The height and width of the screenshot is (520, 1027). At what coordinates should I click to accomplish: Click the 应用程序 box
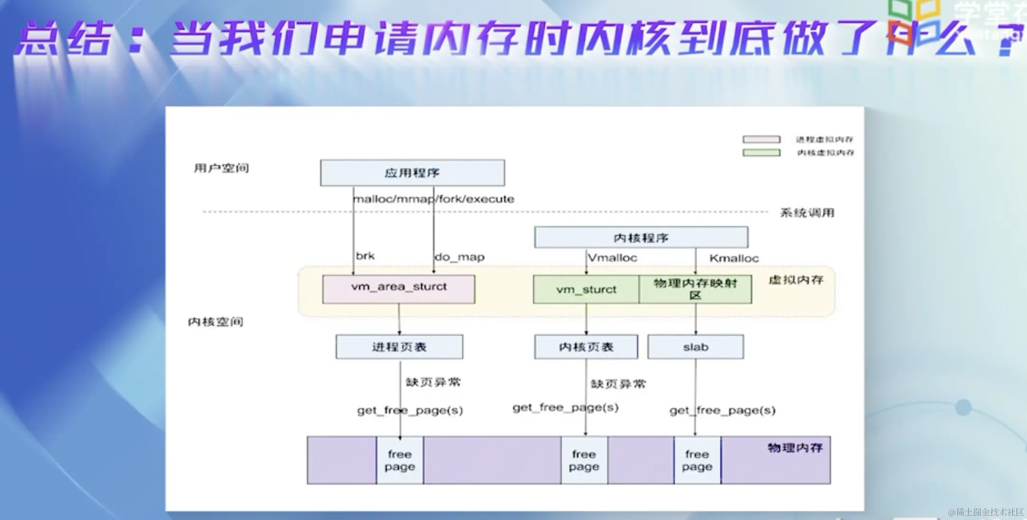(412, 173)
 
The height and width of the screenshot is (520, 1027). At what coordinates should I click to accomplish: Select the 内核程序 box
(641, 237)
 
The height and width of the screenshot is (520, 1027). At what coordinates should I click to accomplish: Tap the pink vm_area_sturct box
(399, 289)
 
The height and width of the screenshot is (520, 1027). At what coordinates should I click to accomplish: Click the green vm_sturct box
(586, 289)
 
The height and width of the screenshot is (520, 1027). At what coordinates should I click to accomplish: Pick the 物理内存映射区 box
(695, 289)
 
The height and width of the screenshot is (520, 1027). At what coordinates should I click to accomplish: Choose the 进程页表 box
(399, 347)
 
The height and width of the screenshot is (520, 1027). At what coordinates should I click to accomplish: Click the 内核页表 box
(586, 347)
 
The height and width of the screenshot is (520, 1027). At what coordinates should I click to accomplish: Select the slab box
(695, 347)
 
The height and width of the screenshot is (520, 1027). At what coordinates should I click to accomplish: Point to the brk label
(365, 256)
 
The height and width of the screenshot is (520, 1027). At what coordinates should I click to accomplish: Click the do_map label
(459, 257)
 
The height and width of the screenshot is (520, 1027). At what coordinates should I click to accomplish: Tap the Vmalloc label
(612, 258)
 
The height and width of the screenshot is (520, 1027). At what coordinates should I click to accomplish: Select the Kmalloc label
(734, 258)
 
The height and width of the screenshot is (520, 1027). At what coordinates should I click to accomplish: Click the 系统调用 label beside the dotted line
(807, 212)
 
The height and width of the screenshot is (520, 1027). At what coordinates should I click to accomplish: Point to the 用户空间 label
(221, 168)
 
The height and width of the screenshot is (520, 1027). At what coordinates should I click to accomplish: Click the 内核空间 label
(216, 322)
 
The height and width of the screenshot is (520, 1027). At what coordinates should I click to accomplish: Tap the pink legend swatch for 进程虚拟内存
(761, 139)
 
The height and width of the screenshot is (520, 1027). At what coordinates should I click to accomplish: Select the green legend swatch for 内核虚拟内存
(761, 153)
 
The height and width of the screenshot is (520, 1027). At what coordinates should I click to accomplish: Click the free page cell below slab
(697, 460)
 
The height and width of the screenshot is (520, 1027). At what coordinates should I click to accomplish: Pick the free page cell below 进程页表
(399, 460)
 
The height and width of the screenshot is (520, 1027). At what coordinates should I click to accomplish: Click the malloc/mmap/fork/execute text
(434, 199)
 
